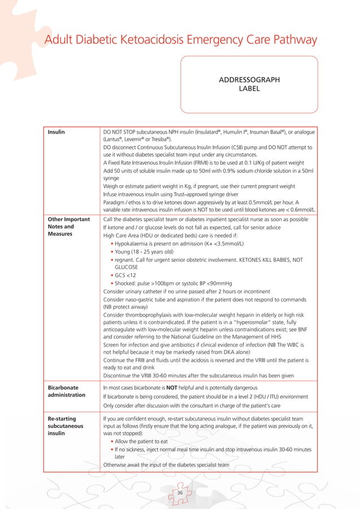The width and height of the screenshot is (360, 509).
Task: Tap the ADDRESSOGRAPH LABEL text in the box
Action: tap(248, 84)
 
